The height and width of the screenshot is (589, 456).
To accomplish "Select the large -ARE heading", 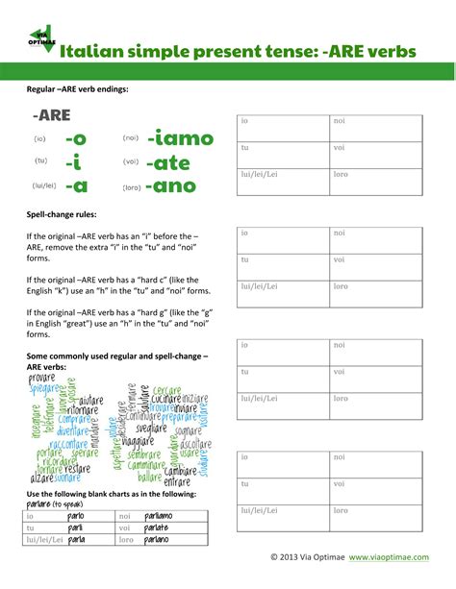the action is [x=50, y=116].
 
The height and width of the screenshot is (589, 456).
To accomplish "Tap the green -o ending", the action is [x=76, y=139].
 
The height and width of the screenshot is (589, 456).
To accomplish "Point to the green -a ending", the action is [x=76, y=186].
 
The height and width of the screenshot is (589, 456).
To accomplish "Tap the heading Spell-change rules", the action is [x=62, y=214].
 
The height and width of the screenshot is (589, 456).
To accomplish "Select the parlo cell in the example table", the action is [x=76, y=516].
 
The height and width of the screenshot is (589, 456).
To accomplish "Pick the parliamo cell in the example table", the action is [x=158, y=516].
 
